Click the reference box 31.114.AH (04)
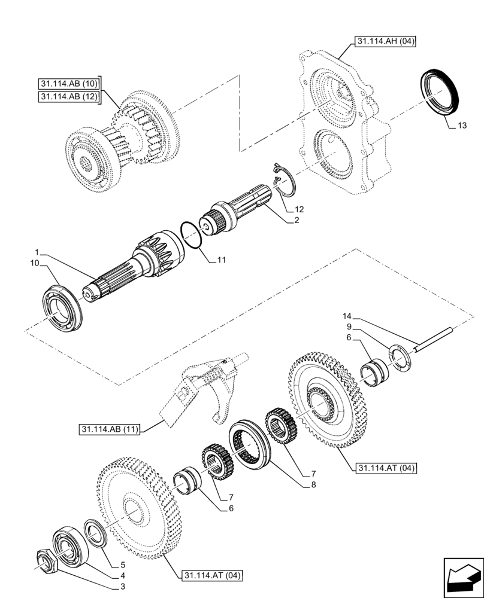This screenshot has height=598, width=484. click(385, 41)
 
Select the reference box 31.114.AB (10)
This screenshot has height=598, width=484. click(70, 83)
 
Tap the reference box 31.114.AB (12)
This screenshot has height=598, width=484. click(70, 97)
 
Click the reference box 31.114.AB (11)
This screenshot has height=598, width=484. click(108, 429)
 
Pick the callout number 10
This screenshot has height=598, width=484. click(35, 263)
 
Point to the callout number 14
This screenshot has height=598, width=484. click(347, 316)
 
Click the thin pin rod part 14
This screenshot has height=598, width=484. click(437, 335)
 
